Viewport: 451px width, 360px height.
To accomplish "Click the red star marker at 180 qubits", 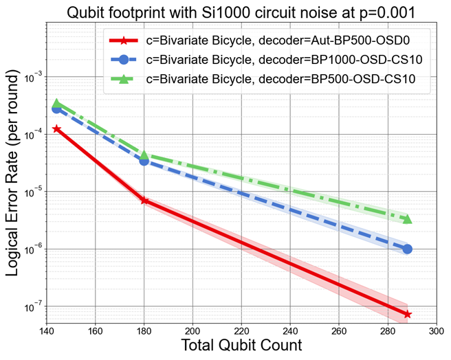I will (145, 200).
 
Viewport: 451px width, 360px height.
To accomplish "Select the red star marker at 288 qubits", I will (408, 314).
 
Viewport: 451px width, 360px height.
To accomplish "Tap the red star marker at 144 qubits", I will (57, 128).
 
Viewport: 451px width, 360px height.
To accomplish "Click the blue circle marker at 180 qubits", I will (144, 160).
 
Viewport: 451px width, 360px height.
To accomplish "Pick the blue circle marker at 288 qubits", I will (408, 249).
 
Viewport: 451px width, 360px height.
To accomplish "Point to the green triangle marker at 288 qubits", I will (408, 219).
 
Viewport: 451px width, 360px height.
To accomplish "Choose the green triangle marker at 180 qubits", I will (145, 155).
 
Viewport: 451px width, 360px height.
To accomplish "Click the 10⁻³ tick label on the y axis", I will (32, 76).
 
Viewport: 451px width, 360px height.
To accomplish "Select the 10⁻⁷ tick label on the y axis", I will (32, 306).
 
